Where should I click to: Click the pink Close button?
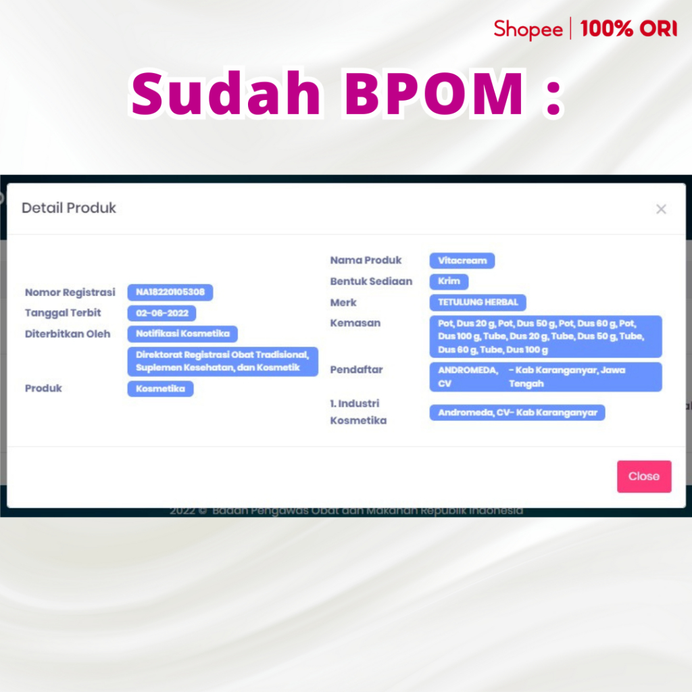(644, 476)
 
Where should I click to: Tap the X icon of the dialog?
(661, 209)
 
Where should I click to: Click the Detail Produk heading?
(69, 207)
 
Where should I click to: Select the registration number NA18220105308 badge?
(170, 292)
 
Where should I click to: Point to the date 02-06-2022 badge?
(162, 314)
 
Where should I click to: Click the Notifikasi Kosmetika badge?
(182, 334)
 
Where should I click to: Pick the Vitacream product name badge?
(462, 260)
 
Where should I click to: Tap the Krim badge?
(449, 281)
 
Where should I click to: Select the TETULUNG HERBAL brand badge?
(478, 302)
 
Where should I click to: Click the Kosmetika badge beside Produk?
(161, 389)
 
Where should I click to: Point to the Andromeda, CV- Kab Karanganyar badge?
(517, 413)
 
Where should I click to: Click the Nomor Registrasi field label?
(70, 292)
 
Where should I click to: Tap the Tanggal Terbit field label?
(63, 313)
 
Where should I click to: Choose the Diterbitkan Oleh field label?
(68, 334)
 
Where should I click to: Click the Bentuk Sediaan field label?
(371, 281)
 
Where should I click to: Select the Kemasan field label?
(355, 323)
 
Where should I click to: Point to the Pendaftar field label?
(356, 370)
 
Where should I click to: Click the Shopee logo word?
(528, 30)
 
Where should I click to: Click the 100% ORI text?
(628, 28)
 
